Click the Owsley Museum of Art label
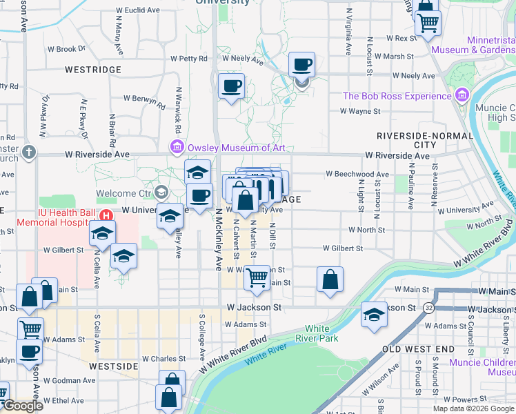pos(235,147)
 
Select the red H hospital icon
pos(106,215)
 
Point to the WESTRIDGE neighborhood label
pos(92,70)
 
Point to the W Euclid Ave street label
pos(138,10)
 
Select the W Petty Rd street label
pos(188,59)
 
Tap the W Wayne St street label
pos(361,110)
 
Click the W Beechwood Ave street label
pos(358,175)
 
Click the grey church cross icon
pos(28,151)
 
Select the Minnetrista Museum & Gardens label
pos(473,45)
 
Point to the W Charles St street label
pos(163,359)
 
